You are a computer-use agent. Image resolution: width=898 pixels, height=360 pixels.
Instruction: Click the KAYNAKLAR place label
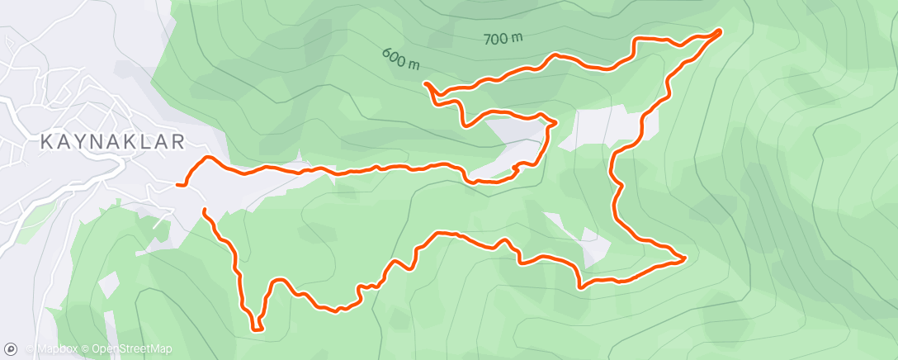[113, 142]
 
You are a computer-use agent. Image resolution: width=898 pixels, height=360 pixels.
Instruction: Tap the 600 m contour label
[401, 58]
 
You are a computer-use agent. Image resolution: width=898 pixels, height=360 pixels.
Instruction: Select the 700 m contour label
[503, 38]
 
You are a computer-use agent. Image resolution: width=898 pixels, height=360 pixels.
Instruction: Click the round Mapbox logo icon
[11, 349]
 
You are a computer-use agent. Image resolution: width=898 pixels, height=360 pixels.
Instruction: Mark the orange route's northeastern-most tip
[720, 31]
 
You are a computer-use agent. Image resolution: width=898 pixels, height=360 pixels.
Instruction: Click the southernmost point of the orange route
[258, 330]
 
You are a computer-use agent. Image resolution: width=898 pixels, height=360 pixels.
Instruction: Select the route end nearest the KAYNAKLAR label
[177, 185]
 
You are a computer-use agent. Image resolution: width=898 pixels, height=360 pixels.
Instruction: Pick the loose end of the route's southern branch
[203, 211]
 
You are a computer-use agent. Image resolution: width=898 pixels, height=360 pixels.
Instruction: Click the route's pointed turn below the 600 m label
[426, 83]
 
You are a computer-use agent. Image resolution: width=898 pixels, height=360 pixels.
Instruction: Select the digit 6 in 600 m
[386, 52]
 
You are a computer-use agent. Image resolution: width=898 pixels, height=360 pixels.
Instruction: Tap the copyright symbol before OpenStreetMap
[85, 349]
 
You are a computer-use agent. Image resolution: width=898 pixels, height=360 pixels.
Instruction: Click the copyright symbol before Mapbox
[30, 349]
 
